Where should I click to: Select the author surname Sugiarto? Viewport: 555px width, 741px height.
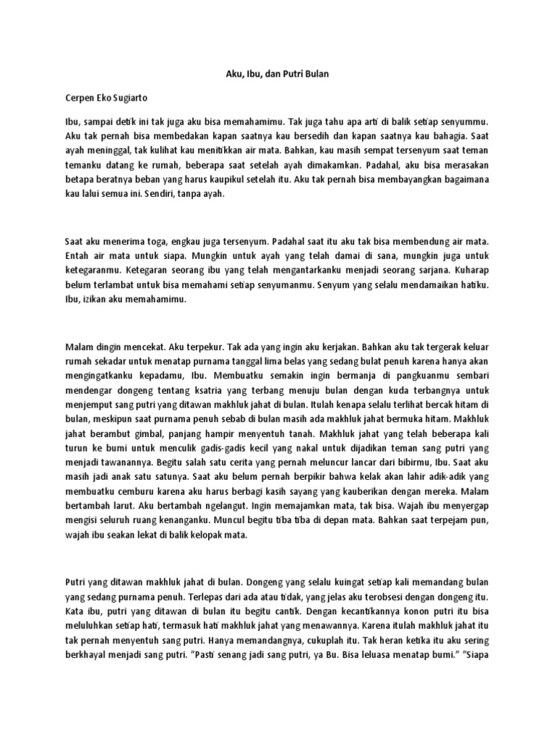click(132, 96)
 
